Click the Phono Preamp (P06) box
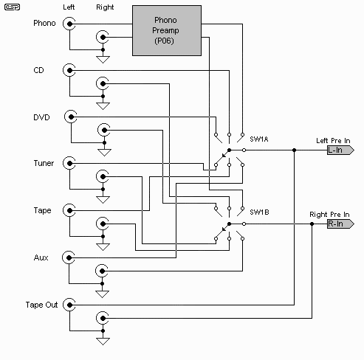[167, 31]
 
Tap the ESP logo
[12, 7]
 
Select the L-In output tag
[340, 150]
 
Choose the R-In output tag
[340, 224]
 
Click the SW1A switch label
[259, 139]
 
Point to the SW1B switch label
[259, 212]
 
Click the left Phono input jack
[69, 24]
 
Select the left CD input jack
[69, 70]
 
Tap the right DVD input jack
[104, 130]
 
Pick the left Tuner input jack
[69, 163]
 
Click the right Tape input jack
[103, 224]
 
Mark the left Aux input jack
[69, 257]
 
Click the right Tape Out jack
[103, 318]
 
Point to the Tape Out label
[41, 305]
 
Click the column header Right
[105, 7]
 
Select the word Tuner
[44, 163]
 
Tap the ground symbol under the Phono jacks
[103, 60]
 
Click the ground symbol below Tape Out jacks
[103, 342]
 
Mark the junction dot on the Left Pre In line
[294, 150]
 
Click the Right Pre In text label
[329, 215]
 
